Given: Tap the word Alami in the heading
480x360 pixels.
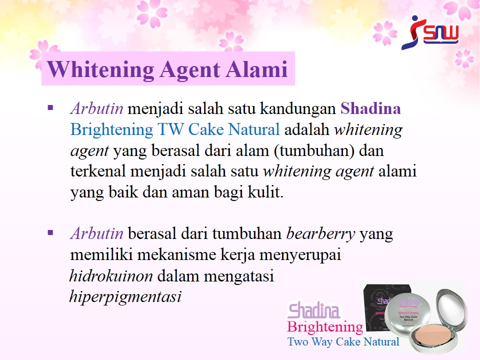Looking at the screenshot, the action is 256,69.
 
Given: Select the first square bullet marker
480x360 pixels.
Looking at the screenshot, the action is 50,108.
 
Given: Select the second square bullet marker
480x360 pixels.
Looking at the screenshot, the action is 50,233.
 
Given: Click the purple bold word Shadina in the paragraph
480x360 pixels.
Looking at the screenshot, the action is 370,108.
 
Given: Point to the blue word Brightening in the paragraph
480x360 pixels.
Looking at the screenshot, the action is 111,130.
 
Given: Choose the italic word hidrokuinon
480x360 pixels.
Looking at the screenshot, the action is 111,275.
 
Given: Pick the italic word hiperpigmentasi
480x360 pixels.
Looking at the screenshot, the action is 125,296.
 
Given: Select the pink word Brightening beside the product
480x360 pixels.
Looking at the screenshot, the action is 325,327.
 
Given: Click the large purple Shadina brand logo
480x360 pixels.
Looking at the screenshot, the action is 314,310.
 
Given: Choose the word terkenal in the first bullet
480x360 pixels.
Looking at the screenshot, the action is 98,171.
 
